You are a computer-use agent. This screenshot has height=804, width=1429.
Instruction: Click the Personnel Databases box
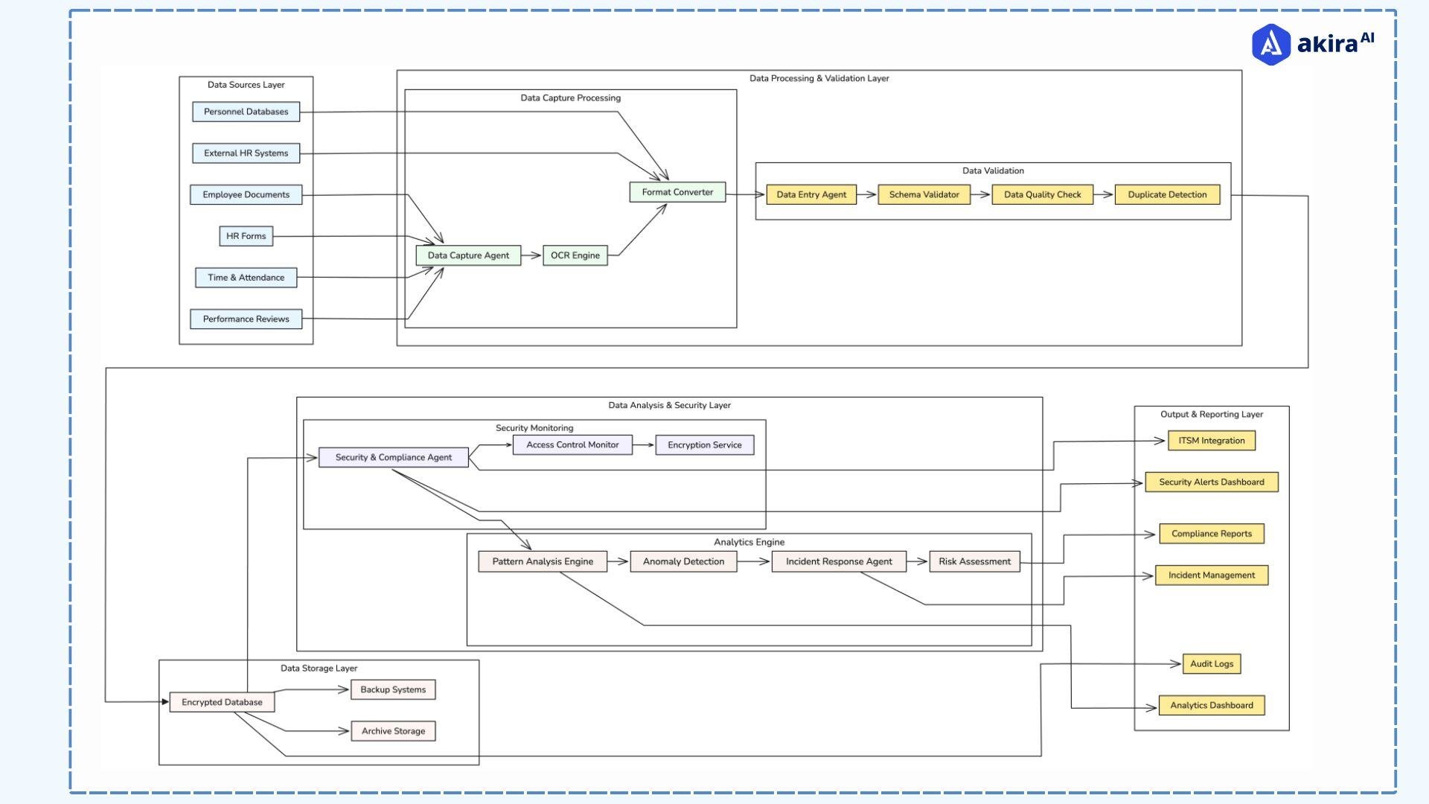[x=246, y=112]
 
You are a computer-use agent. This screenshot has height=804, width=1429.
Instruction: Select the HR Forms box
[x=246, y=236]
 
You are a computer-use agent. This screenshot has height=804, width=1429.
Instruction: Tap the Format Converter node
[x=677, y=192]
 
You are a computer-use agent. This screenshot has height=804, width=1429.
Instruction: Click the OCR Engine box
[x=575, y=255]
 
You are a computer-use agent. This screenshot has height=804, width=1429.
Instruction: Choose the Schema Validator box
[x=924, y=194]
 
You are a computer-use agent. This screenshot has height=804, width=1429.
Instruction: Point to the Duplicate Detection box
[x=1166, y=194]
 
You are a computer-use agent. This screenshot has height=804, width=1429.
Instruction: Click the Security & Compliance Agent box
[x=393, y=457]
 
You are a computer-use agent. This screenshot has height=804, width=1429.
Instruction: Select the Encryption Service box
[x=704, y=445]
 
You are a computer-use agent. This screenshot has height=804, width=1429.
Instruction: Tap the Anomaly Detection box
[x=683, y=561]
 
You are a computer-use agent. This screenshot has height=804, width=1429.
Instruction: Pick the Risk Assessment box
[x=974, y=561]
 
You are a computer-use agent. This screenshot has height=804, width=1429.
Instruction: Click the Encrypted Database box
[x=222, y=702]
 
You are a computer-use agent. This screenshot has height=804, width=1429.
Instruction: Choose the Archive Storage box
[x=393, y=731]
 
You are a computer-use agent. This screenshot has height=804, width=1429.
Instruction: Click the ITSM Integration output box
[x=1211, y=441]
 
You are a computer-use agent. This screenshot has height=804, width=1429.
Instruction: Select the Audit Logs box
[x=1211, y=663]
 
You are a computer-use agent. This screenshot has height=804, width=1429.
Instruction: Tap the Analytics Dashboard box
[x=1211, y=705]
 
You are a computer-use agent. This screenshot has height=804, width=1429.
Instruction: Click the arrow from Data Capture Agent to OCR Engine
[x=531, y=255]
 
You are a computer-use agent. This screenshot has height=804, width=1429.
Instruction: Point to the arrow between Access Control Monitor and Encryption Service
[x=644, y=445]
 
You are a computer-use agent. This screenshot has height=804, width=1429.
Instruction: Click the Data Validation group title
[x=993, y=170]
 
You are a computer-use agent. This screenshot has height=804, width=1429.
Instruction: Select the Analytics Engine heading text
[x=749, y=542]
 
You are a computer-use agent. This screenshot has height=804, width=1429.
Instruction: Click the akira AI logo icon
[x=1270, y=45]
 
